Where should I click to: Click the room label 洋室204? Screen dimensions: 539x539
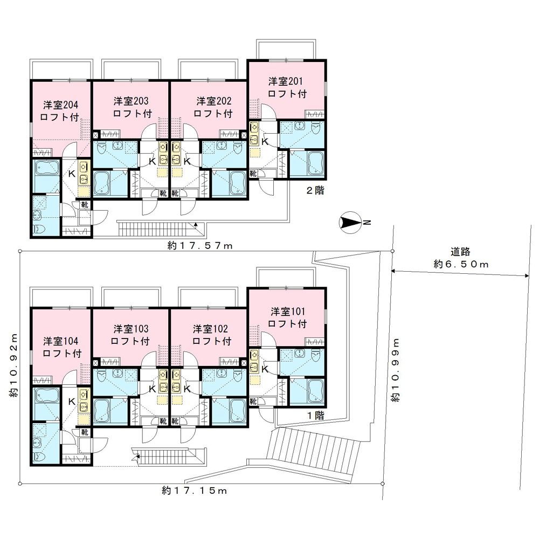point(62,105)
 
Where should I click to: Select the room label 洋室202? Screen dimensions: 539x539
point(213,101)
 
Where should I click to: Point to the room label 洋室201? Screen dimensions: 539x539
point(287,82)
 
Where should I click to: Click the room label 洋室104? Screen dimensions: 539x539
point(62,341)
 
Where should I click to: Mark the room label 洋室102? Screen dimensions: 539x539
point(212,329)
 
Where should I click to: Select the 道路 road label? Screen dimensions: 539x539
point(461,252)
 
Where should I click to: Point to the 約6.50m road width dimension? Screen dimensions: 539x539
point(461,264)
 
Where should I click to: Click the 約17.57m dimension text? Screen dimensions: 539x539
point(199,246)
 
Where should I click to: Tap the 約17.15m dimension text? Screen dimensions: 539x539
point(194,491)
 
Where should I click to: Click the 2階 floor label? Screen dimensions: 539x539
point(315,190)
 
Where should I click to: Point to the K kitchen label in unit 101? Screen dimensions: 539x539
point(265,369)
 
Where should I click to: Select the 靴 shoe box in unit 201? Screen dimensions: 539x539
point(253,174)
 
